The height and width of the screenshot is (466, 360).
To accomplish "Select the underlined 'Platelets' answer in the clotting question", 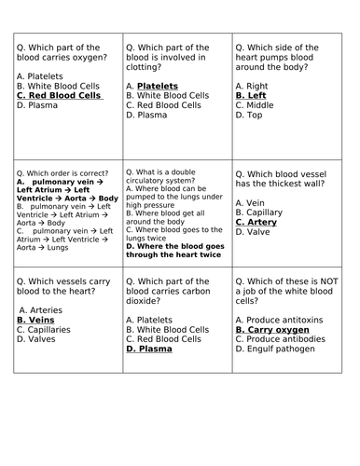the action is (x=157, y=86).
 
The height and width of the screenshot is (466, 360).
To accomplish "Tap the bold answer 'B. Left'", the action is (x=251, y=95).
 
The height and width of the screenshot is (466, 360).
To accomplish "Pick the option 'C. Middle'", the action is (x=256, y=105).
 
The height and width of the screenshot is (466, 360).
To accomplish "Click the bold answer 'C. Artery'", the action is (x=260, y=222).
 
